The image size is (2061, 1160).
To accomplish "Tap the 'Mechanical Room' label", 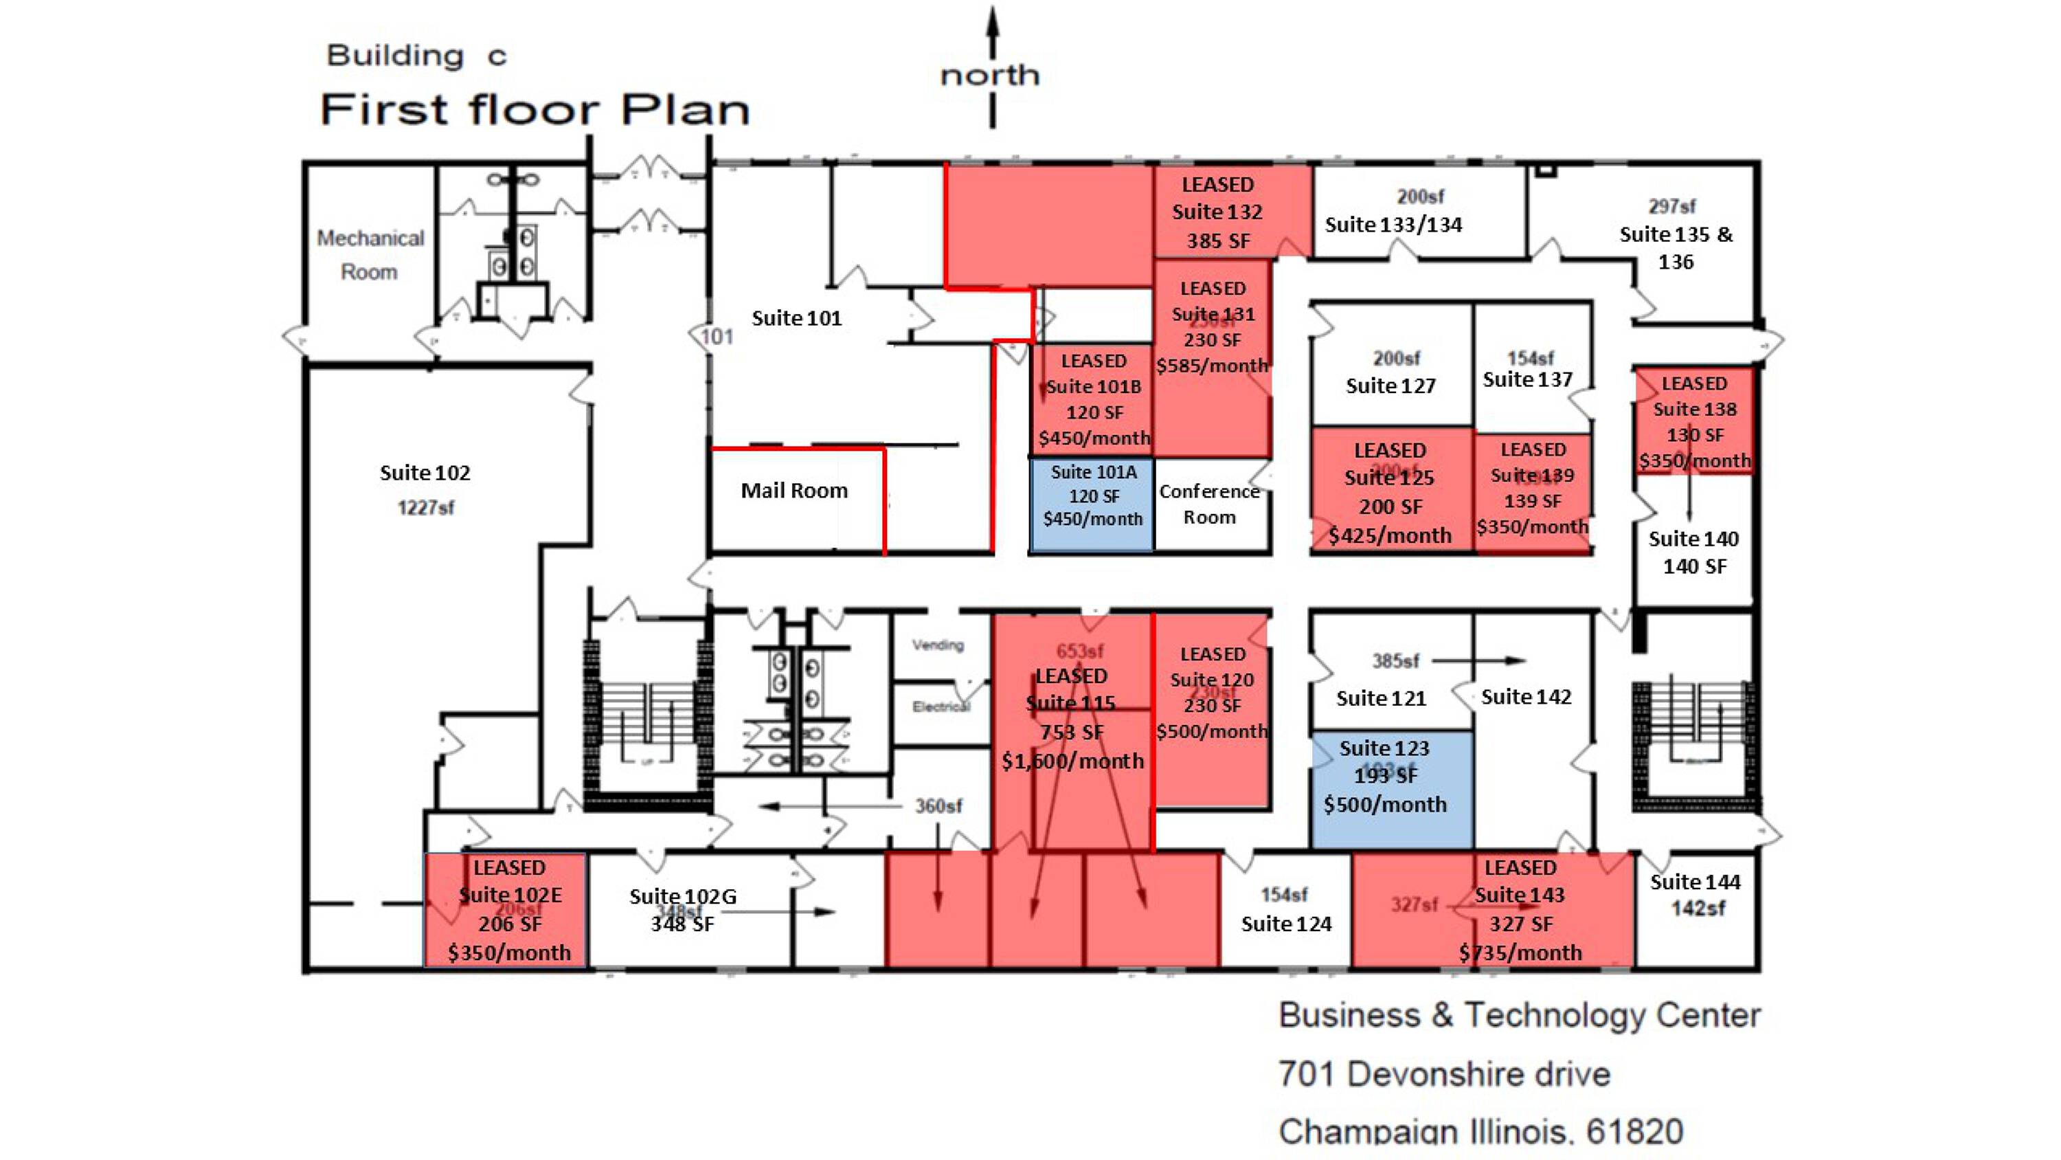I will (x=370, y=254).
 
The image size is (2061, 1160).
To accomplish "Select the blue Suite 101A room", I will (x=1093, y=504).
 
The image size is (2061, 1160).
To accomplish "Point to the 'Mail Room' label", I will (x=793, y=490).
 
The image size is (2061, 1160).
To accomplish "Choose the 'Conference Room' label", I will (x=1209, y=504).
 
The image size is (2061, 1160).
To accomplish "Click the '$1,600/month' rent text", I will (x=1072, y=761).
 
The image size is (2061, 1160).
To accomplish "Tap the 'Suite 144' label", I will (x=1695, y=882).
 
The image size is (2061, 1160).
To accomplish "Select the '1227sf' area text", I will (x=426, y=508).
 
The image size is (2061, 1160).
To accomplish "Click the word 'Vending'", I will (x=938, y=645).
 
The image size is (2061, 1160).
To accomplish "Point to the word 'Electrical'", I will (x=941, y=706).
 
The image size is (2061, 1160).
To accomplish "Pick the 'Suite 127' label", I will (x=1390, y=386).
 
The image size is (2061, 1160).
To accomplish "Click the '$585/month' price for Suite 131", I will (x=1212, y=366).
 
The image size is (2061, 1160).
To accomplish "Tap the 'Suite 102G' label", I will (x=682, y=896).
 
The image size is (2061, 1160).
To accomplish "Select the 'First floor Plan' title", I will (x=534, y=110).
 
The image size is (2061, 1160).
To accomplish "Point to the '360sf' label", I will (x=938, y=805).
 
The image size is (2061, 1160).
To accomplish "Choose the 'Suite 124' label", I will (x=1286, y=924).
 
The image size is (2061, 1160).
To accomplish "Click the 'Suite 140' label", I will (x=1693, y=539).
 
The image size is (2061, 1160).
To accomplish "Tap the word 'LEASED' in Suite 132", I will (x=1217, y=184).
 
